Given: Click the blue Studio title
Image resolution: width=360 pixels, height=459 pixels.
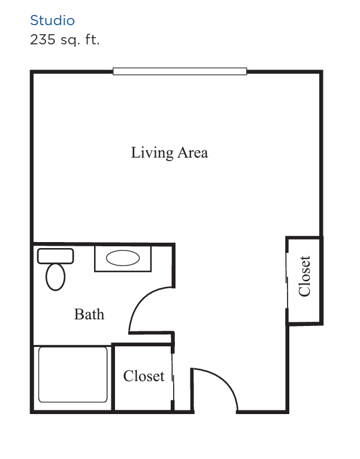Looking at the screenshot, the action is click(52, 20).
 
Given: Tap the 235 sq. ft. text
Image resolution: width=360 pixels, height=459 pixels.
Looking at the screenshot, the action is click(65, 40).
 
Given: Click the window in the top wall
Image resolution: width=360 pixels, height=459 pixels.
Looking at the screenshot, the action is click(180, 71).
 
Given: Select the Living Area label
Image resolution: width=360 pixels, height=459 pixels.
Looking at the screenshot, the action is click(170, 153).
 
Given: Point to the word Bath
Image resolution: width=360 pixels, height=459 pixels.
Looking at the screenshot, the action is click(89, 315).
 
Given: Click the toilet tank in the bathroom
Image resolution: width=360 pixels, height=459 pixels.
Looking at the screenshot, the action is click(55, 256).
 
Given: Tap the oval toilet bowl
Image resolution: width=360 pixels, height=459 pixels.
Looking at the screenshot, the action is click(55, 277).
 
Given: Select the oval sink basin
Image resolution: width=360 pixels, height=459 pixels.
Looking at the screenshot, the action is click(123, 258).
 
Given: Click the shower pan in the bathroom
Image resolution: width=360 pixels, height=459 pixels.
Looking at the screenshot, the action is click(73, 375).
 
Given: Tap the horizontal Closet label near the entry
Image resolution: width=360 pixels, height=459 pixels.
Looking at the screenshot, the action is click(144, 376).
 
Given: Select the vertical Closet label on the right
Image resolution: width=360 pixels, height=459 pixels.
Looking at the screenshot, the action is click(304, 276).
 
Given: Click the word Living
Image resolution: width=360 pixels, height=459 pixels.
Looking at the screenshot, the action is click(152, 153).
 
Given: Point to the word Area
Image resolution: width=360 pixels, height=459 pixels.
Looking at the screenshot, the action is click(193, 153).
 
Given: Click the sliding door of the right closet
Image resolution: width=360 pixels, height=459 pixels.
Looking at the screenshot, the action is click(287, 280).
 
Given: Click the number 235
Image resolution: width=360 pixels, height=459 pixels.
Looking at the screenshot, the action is click(43, 40).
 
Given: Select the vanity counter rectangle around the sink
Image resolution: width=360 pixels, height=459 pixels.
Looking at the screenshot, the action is click(123, 258).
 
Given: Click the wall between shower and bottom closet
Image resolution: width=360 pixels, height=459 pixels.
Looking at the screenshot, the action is click(113, 378).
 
